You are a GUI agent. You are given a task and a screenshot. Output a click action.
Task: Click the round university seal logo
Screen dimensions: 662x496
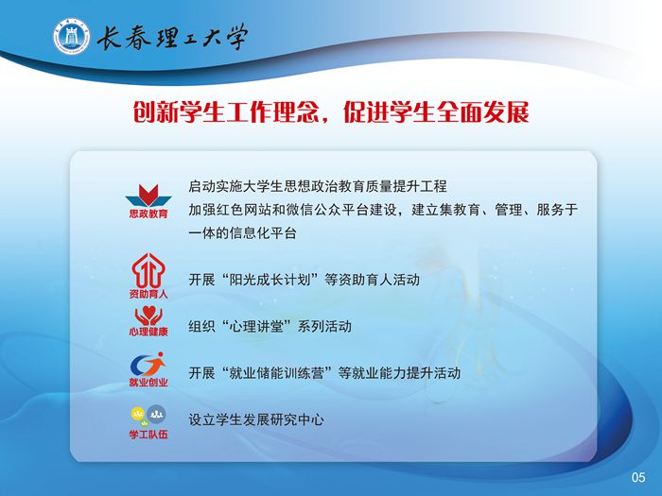[x=72, y=36]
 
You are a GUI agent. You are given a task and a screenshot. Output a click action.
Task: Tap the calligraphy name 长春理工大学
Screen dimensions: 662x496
[x=172, y=37]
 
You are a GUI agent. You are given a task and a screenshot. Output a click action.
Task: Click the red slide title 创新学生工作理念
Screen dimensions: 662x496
[x=226, y=112]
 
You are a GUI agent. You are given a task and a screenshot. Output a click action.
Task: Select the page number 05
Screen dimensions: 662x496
[x=638, y=477]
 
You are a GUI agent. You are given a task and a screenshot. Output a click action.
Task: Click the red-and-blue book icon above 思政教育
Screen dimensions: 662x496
[x=148, y=196]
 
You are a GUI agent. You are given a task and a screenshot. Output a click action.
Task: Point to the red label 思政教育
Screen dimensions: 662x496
[x=148, y=214]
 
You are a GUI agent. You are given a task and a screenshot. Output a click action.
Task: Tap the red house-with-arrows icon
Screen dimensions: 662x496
[x=148, y=270]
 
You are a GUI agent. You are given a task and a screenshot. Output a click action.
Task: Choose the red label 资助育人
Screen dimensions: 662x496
[x=148, y=293]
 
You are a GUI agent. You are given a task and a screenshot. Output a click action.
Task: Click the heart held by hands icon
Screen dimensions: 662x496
[x=148, y=316]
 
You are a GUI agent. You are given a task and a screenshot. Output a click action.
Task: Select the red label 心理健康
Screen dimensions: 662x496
[x=148, y=331]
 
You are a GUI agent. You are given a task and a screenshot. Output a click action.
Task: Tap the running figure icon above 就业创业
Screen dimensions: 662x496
[x=148, y=364]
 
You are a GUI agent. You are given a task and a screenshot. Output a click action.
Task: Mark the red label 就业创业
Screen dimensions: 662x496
[x=148, y=382]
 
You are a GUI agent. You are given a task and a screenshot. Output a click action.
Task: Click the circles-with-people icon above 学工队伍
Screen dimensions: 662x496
[x=148, y=416]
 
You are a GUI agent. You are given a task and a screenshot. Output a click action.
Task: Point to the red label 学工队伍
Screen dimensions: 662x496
[x=148, y=434]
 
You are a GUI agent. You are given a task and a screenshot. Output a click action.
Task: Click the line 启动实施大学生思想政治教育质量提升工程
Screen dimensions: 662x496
[x=318, y=186]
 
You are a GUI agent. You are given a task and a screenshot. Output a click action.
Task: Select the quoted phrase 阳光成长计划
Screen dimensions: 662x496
[x=270, y=280]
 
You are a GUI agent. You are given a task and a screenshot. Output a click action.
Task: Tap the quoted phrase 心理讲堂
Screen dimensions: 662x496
[x=256, y=327]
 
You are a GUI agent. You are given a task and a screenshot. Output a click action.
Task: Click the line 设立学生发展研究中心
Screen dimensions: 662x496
[x=256, y=419]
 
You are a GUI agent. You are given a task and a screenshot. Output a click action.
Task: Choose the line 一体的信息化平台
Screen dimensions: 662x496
[x=242, y=232]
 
